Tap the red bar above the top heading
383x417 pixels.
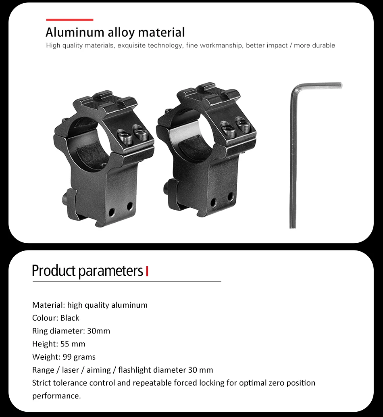[x=69, y=19]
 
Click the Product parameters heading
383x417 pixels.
[x=87, y=271]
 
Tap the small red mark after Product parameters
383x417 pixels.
[x=147, y=271]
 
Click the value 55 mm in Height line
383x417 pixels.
[x=73, y=344]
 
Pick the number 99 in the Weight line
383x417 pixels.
[x=67, y=357]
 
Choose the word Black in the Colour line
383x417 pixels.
[x=70, y=318]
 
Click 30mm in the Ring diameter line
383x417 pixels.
[x=98, y=331]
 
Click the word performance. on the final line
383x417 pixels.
[x=56, y=396]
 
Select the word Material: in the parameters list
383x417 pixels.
[x=48, y=305]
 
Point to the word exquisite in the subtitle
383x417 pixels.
[x=131, y=46]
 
